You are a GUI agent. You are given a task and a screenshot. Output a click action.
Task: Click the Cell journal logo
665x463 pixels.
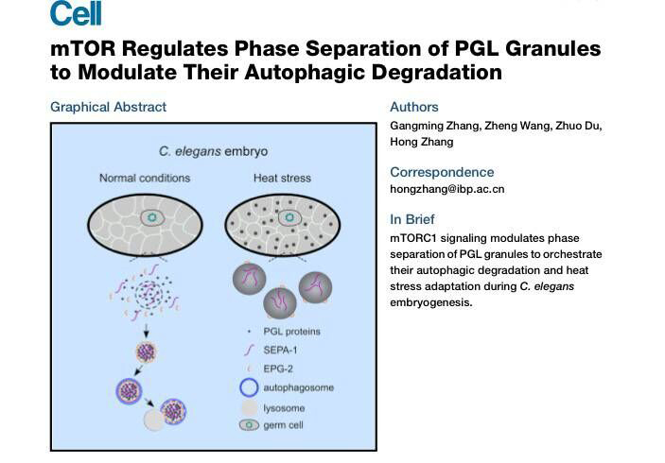coord(76,13)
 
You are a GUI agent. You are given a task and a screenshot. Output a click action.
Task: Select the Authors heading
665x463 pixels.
coord(414,107)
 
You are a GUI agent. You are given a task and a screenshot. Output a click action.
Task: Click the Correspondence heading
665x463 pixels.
coord(442,172)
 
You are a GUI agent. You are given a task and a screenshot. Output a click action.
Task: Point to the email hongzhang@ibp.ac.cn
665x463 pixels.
coord(446,189)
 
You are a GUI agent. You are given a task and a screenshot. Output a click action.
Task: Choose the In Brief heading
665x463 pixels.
coord(412,219)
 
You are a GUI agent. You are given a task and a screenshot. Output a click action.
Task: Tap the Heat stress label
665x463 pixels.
coord(281,178)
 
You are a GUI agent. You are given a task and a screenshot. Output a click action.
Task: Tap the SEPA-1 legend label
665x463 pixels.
coord(281,351)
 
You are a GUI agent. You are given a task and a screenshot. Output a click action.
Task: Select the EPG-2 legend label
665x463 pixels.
coord(279,369)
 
